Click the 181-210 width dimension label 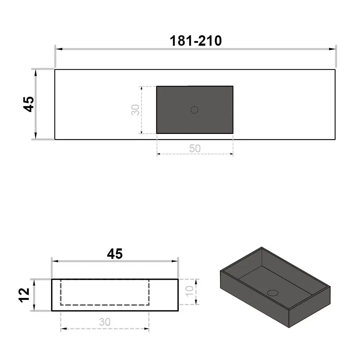[195, 41]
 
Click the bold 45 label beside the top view [29, 104]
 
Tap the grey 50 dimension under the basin [195, 148]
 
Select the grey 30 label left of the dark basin [135, 110]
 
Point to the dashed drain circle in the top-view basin [194, 110]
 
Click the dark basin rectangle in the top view [195, 110]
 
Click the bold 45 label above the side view [115, 254]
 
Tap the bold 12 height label [24, 295]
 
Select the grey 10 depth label [190, 291]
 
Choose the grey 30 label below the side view [105, 322]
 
